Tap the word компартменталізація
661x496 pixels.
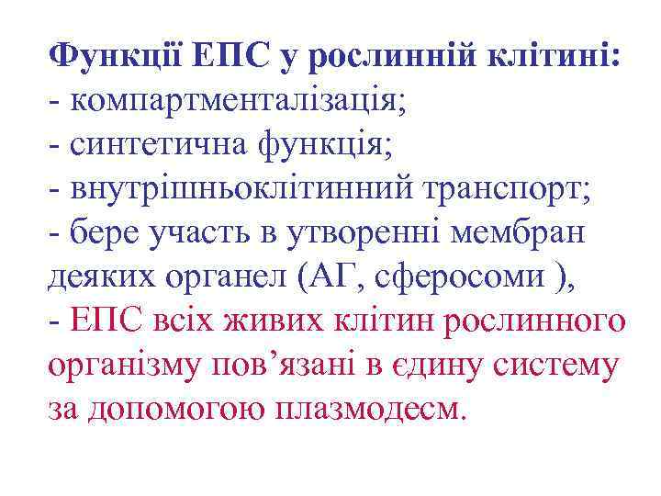[x=234, y=102]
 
